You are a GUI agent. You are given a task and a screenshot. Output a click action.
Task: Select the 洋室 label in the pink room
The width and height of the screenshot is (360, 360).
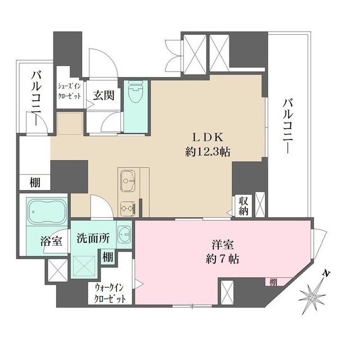point(224,245)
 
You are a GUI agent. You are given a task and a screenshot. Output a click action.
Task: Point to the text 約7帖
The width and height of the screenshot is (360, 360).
point(224,260)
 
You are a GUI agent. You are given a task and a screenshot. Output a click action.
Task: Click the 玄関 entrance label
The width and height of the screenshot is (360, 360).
point(104,94)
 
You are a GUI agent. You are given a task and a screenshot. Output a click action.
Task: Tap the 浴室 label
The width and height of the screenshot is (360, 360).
point(51,240)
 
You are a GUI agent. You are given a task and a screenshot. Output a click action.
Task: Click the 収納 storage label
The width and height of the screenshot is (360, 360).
point(242,206)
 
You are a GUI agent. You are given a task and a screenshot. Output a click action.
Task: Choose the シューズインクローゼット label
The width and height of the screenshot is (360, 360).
point(70,91)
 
